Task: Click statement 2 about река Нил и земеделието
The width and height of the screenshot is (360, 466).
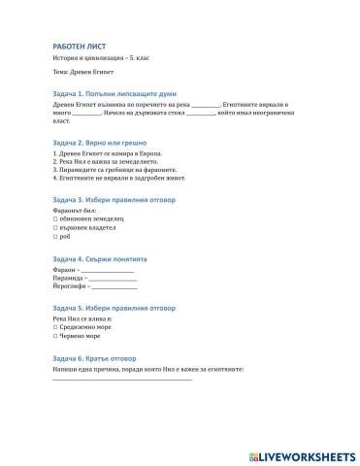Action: (112, 162)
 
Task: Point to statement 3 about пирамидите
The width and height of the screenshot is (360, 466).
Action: (115, 170)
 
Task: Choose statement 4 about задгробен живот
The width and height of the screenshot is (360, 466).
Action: (118, 178)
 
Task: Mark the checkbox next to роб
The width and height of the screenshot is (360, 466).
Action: (54, 236)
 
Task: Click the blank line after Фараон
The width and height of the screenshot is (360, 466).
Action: (108, 271)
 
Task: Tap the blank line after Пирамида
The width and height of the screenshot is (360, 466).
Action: (113, 280)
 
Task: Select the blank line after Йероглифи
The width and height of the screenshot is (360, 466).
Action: (115, 287)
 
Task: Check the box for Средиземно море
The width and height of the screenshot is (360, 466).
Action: (54, 327)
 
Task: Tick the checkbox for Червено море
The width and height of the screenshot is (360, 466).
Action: (54, 336)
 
